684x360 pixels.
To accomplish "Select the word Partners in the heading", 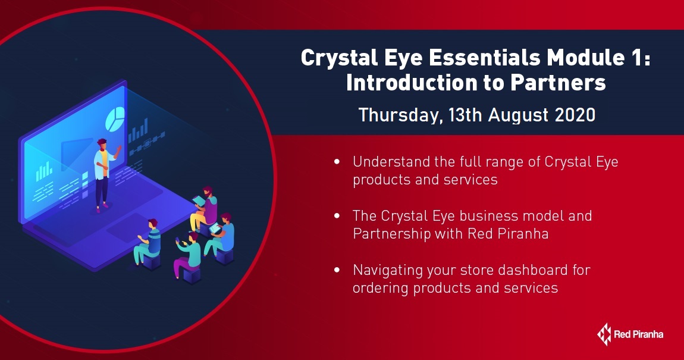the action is click(558, 83).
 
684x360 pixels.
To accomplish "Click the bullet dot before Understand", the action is click(337, 162).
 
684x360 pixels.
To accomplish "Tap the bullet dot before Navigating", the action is click(337, 270).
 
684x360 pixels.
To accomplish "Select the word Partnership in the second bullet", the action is click(392, 234).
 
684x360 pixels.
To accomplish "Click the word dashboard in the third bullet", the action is click(533, 270).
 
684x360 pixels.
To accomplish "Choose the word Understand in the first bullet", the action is click(391, 162).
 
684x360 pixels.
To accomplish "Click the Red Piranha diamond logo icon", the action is click(604, 334).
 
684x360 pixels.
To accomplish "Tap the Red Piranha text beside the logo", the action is click(639, 334).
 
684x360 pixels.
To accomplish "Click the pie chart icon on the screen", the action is click(115, 118).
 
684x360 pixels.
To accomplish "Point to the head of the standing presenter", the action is click(102, 145).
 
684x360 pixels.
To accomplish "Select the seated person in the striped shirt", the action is click(148, 243).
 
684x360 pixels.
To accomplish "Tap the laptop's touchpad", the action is click(127, 227).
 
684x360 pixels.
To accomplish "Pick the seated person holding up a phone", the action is click(187, 256).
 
